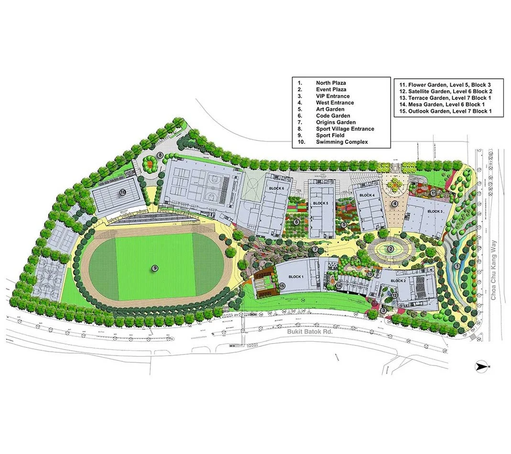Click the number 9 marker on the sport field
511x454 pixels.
tap(155, 269)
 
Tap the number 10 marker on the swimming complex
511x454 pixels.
tap(122, 193)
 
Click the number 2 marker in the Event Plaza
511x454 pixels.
tap(391, 249)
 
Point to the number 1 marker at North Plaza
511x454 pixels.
tap(457, 266)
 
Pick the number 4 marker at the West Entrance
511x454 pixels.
tap(394, 204)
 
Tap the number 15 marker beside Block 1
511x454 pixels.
tap(282, 286)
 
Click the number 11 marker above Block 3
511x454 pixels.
tap(433, 193)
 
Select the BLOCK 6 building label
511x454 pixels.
tap(276, 189)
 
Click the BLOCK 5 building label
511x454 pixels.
tap(321, 204)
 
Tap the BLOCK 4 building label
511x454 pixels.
tap(367, 195)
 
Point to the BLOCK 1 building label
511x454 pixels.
tap(295, 277)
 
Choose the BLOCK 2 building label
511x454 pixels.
tap(398, 281)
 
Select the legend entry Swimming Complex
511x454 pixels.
tap(341, 142)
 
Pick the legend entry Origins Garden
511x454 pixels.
tap(336, 122)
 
